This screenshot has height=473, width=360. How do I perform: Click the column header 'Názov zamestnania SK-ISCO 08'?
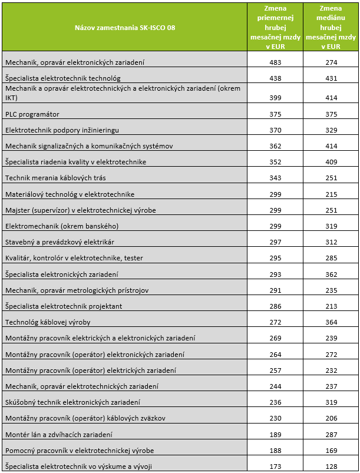pos(124,27)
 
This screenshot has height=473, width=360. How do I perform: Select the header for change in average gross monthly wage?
pos(275,27)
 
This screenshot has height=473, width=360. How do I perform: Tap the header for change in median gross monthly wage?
pos(330,27)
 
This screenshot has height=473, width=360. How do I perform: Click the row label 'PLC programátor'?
pos(32,114)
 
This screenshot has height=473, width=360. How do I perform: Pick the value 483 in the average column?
pos(275,62)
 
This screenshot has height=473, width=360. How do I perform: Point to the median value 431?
pos(330,78)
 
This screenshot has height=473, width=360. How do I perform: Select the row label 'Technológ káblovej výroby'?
pos(47,322)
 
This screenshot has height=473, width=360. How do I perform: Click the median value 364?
pos(330,322)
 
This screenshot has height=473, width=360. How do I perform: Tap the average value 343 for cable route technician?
pos(275,177)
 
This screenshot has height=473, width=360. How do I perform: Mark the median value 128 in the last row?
pos(330,467)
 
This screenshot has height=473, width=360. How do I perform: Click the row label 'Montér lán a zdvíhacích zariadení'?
pos(58,435)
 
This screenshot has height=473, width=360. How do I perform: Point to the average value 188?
pos(275,451)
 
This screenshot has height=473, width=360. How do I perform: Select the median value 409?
pos(330,161)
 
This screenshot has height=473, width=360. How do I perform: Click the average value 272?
pos(275,322)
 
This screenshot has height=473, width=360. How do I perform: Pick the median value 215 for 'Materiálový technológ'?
pos(330,194)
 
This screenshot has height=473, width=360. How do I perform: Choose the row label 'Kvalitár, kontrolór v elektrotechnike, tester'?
pos(74,258)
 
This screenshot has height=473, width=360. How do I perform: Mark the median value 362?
pos(330,274)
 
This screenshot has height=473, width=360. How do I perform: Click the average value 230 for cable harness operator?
pos(275,418)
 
